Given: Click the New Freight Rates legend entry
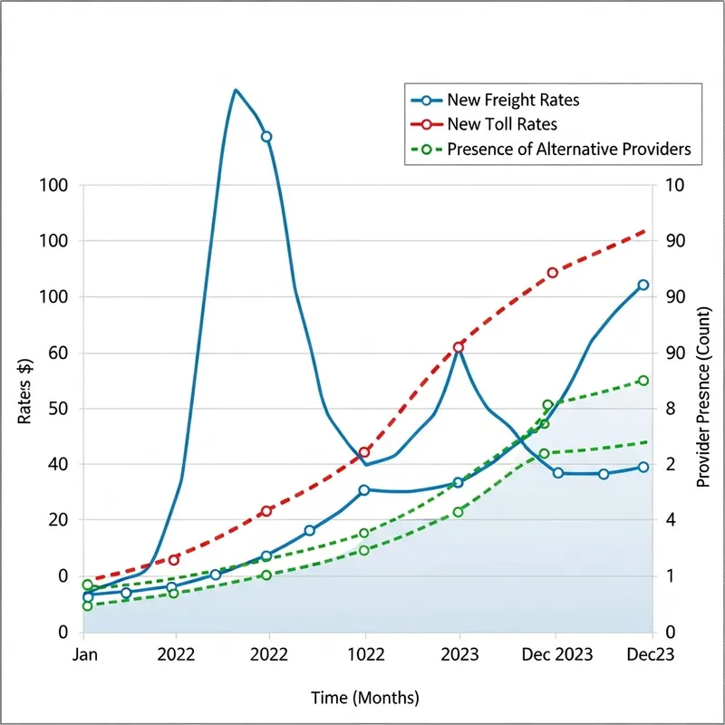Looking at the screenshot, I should click(513, 100).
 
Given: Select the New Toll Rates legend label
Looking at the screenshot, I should click(502, 124).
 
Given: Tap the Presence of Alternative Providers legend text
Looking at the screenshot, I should click(569, 149).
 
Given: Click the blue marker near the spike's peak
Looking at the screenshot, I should click(266, 137).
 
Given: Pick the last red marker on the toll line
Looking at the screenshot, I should click(552, 273).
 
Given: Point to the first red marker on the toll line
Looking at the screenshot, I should click(174, 559).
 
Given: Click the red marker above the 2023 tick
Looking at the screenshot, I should click(459, 347).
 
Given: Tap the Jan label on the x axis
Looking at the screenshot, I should click(83, 654).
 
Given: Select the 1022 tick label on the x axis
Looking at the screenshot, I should click(365, 654).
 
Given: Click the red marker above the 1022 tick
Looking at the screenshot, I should click(365, 451).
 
